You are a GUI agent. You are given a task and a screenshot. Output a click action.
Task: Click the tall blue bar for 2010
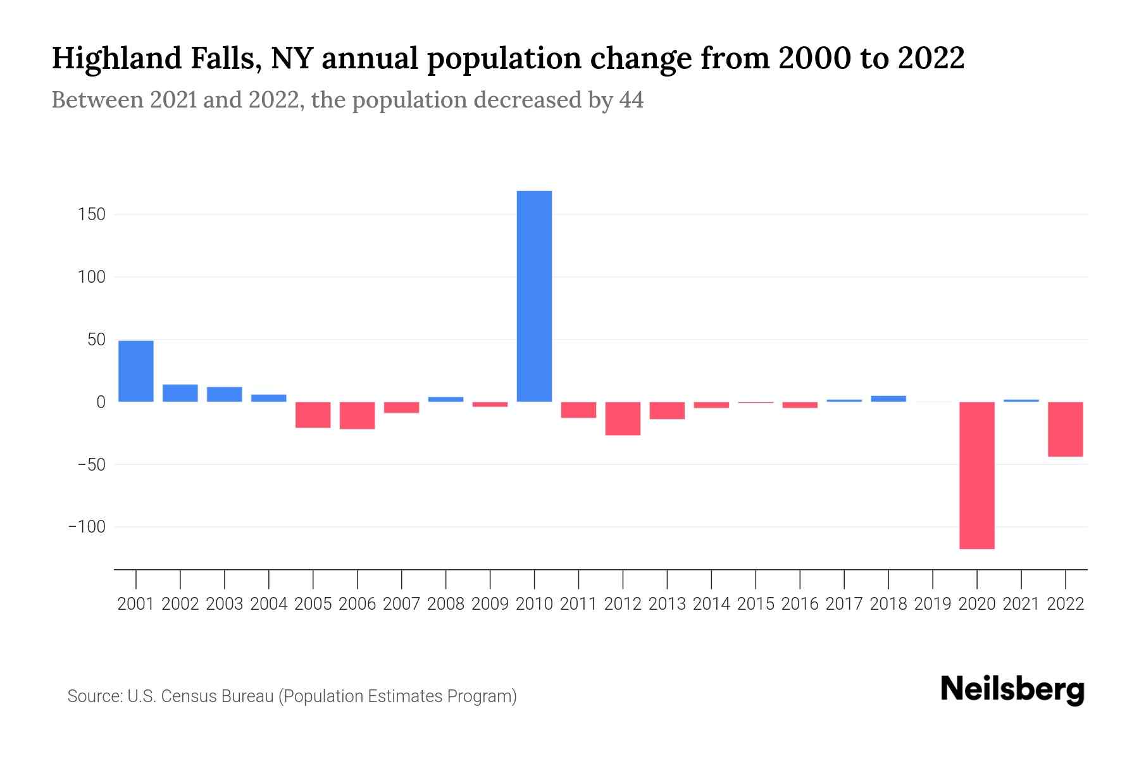534,296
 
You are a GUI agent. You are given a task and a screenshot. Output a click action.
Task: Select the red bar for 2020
976,475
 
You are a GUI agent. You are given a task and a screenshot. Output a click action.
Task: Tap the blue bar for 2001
136,371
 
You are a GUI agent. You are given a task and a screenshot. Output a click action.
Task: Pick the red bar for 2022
1065,429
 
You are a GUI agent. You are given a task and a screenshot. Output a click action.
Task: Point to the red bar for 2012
623,418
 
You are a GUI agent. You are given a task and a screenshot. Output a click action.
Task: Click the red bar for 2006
357,415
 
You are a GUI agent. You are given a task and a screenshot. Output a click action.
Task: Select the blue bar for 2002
180,393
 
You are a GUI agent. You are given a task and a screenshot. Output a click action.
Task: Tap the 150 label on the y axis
92,214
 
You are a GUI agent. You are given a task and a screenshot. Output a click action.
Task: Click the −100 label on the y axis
87,526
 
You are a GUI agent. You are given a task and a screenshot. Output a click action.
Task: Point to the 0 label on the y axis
101,402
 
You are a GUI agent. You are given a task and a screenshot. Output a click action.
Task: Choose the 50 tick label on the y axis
96,340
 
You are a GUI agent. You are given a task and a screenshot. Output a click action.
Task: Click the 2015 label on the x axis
756,604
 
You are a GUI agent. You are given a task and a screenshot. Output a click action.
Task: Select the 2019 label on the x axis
933,604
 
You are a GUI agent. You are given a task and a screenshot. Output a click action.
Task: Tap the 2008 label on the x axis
445,604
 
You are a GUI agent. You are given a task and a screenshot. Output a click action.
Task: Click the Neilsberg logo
1012,689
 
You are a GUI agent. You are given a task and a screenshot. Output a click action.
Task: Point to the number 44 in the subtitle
631,100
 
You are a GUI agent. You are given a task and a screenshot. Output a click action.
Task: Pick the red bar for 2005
313,414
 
